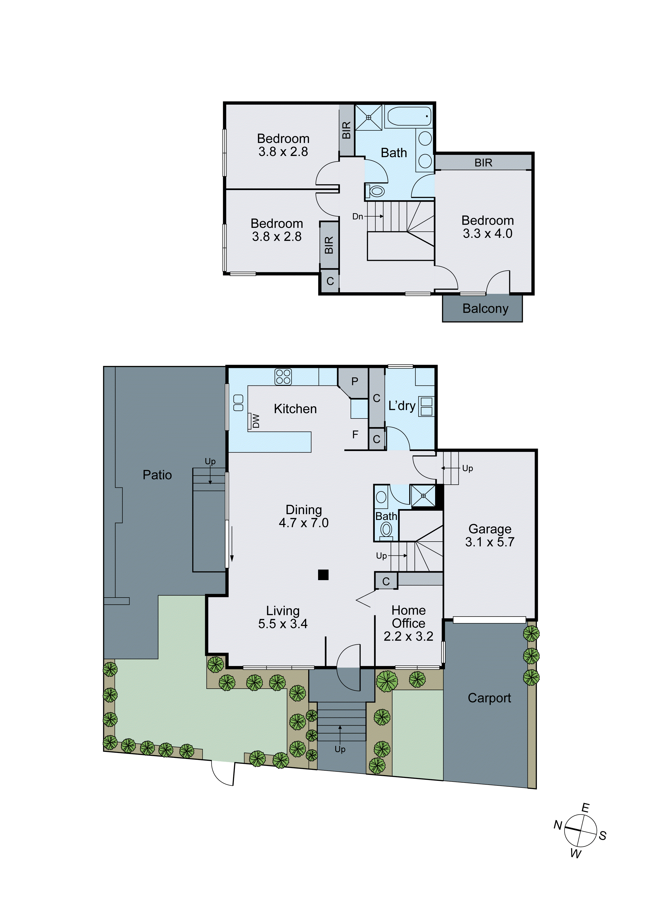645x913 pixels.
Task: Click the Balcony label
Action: click(485, 309)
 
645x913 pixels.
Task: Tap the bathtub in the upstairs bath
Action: click(408, 117)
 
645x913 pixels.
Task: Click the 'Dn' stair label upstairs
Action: click(358, 217)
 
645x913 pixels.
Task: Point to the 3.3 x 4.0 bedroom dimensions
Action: click(488, 234)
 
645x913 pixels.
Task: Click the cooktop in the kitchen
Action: click(283, 377)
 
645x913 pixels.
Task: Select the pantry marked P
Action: click(354, 382)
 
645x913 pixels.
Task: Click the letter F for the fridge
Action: click(355, 435)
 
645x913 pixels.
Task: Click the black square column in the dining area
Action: click(323, 575)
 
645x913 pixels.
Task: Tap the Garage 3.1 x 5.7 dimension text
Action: click(490, 542)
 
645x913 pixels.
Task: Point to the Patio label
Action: click(157, 475)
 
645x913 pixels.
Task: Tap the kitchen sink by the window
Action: click(238, 403)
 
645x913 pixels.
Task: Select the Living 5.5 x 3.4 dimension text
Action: click(283, 624)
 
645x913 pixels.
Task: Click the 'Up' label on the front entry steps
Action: click(340, 749)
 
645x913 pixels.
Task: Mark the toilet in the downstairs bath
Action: click(386, 529)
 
